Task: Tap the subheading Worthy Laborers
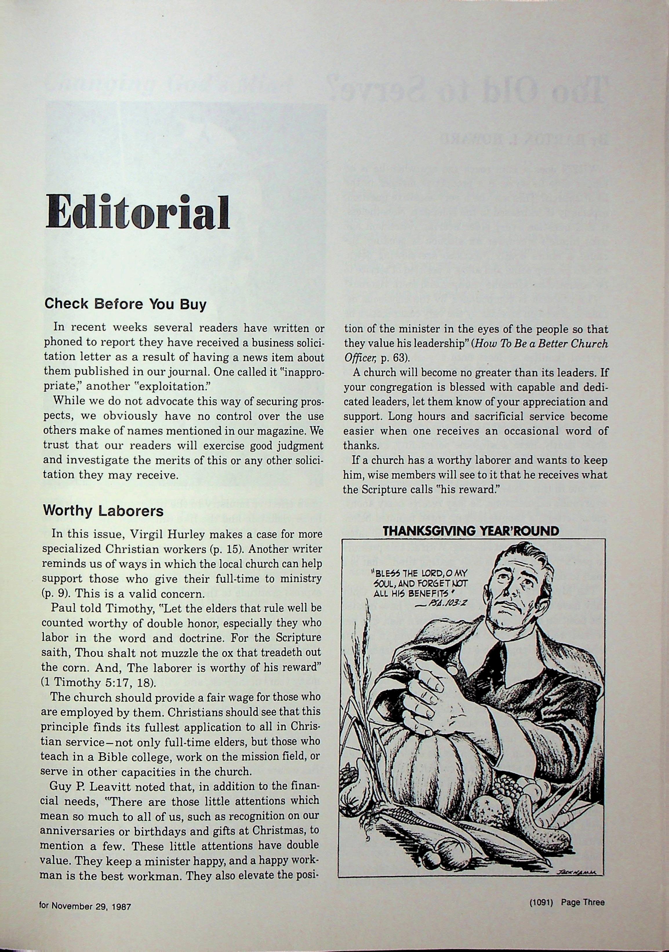point(103,510)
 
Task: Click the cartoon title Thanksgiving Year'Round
point(471,531)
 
